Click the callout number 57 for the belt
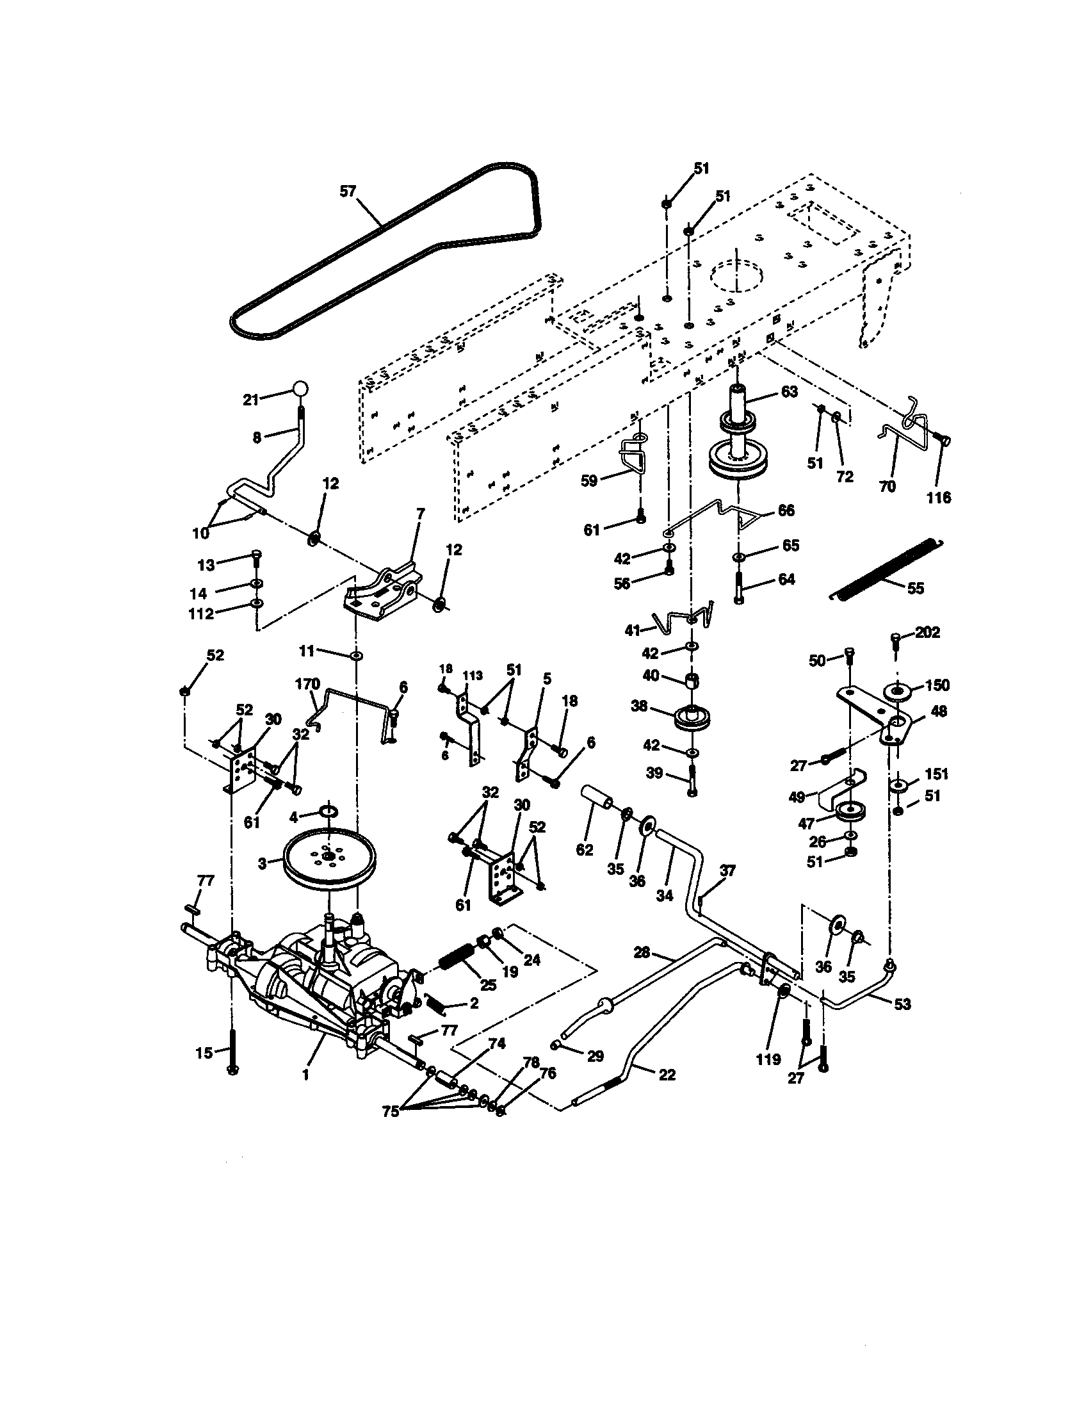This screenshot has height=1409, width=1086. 348,191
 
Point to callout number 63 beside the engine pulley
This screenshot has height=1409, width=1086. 788,391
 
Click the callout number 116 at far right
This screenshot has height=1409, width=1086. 938,498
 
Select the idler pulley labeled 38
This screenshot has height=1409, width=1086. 693,719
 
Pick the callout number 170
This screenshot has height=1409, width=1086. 307,683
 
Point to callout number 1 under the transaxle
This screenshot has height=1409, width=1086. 305,1075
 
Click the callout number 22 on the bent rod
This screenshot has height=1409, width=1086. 667,1074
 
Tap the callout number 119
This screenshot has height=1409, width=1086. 768,1059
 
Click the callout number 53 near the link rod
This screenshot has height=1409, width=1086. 902,1004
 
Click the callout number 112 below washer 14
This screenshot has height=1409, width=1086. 200,614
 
